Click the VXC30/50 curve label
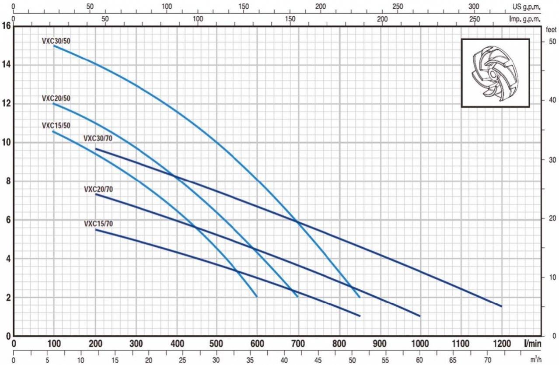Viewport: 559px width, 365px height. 56,41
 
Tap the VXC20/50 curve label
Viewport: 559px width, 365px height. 56,98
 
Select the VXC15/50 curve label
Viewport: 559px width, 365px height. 56,126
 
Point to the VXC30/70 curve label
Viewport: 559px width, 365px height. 98,139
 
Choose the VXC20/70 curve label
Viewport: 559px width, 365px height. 98,189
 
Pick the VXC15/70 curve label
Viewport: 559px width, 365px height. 98,224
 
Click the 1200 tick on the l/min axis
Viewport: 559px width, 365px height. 501,343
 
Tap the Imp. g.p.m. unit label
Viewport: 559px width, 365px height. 525,19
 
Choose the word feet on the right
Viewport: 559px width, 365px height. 551,30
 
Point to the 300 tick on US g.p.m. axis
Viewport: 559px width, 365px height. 474,7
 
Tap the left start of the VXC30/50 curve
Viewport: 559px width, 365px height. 54,46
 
